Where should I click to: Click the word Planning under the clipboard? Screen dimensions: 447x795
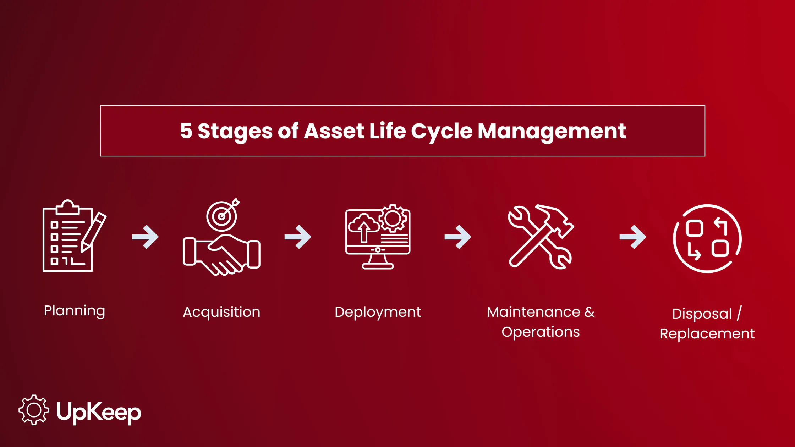coord(75,311)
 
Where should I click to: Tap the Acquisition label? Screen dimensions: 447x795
coord(221,313)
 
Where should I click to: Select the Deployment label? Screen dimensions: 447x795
coord(378,313)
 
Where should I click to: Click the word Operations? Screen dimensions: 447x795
coord(541,332)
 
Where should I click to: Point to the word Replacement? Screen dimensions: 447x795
coord(707,334)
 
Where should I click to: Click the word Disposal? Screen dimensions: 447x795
coord(702,314)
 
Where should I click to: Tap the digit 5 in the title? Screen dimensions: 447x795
coord(186,131)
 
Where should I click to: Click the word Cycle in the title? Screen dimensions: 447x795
coord(442,132)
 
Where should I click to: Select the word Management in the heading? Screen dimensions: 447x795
coord(552,132)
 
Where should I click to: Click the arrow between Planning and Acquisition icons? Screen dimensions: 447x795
coord(146,237)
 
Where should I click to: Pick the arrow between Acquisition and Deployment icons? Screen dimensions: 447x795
coord(298,237)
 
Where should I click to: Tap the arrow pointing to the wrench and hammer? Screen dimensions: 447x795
coord(458,237)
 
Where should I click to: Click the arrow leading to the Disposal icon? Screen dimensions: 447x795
coord(633,237)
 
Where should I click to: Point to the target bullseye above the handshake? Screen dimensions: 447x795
coord(222,216)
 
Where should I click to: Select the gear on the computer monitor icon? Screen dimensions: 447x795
coord(393,219)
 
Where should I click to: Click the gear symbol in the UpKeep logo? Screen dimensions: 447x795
coord(34,410)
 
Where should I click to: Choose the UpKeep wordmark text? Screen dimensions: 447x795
coord(99,412)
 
